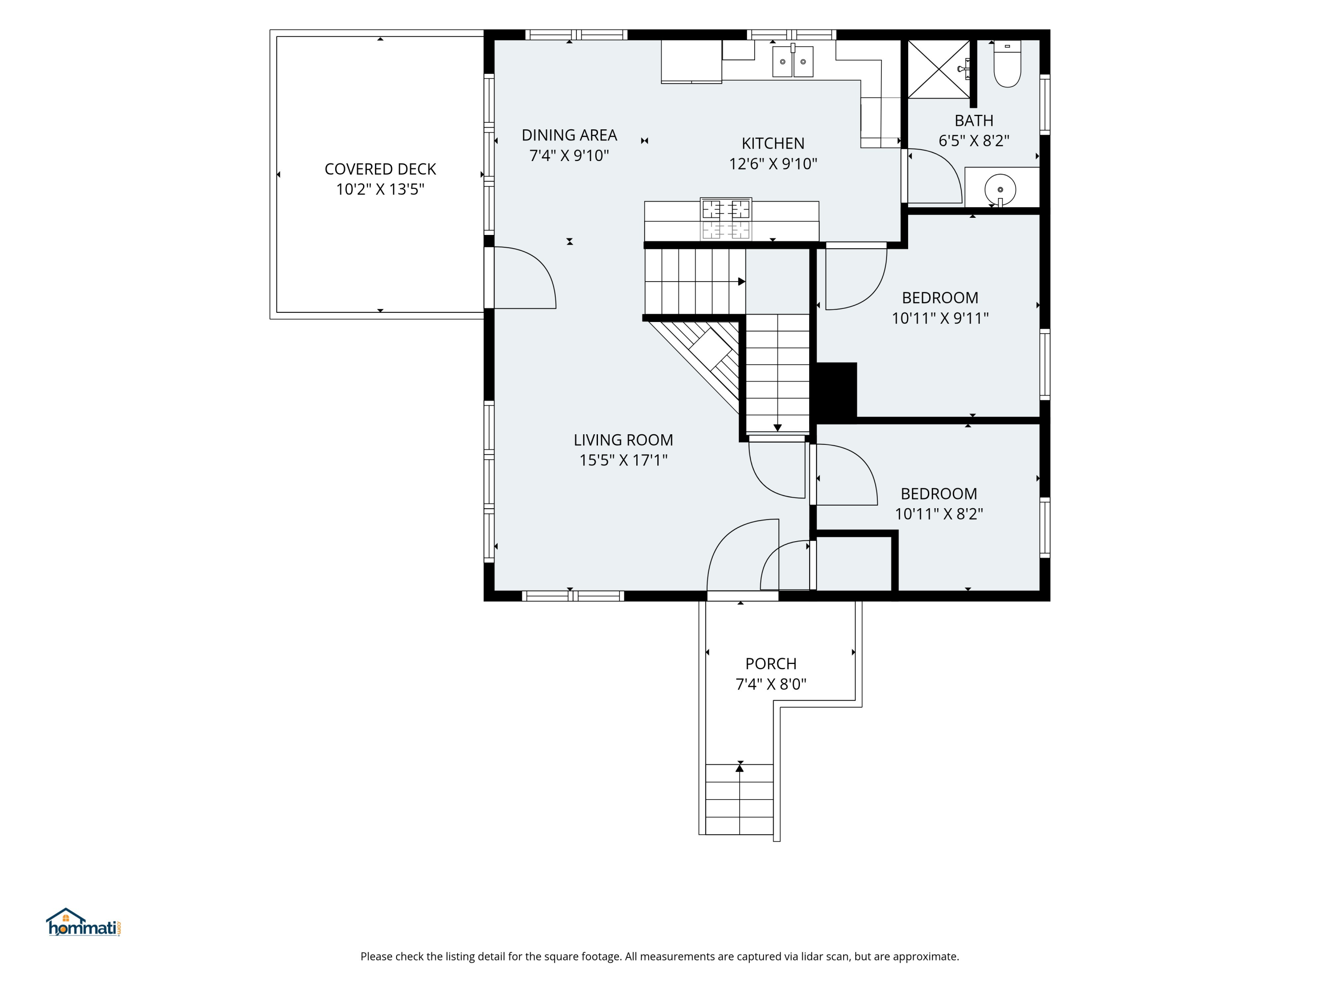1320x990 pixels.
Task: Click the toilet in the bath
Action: point(1007,64)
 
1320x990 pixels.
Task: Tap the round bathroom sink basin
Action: point(1000,190)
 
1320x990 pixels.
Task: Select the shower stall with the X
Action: point(939,69)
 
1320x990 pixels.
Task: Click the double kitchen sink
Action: point(792,62)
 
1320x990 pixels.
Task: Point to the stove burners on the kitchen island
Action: point(726,219)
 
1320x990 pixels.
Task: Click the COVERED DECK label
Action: point(380,169)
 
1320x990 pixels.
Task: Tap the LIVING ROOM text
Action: point(623,440)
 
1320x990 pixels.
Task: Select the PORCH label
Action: point(771,664)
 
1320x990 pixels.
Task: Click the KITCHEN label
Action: point(773,143)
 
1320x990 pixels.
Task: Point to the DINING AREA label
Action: point(569,135)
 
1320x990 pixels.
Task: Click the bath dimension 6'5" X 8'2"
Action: point(974,141)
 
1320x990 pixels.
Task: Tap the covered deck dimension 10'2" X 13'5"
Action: point(380,189)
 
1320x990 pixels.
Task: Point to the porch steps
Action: point(739,799)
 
